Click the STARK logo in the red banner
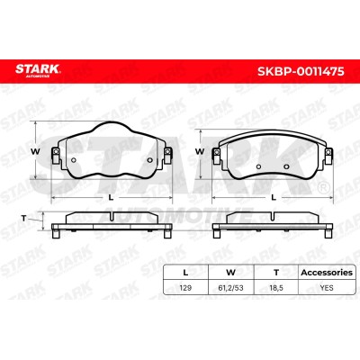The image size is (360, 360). (x=38, y=70)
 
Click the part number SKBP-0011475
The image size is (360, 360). (x=301, y=71)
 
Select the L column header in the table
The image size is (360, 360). (x=185, y=273)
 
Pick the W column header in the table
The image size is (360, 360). (x=230, y=273)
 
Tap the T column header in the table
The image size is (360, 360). (x=276, y=273)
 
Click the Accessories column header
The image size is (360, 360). (x=327, y=273)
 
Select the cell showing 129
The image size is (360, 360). (x=185, y=288)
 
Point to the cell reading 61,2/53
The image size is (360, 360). (x=230, y=288)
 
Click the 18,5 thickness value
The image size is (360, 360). (x=276, y=288)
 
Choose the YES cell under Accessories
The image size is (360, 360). (x=327, y=288)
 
